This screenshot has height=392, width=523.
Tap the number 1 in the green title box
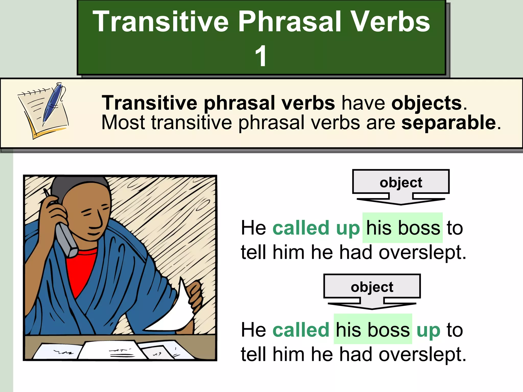(x=261, y=56)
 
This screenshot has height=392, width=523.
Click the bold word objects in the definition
(x=426, y=103)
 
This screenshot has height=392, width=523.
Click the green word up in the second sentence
(x=428, y=330)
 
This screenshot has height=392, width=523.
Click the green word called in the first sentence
(x=301, y=228)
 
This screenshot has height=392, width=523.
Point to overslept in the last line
(x=422, y=354)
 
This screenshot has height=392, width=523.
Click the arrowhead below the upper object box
(x=401, y=202)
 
